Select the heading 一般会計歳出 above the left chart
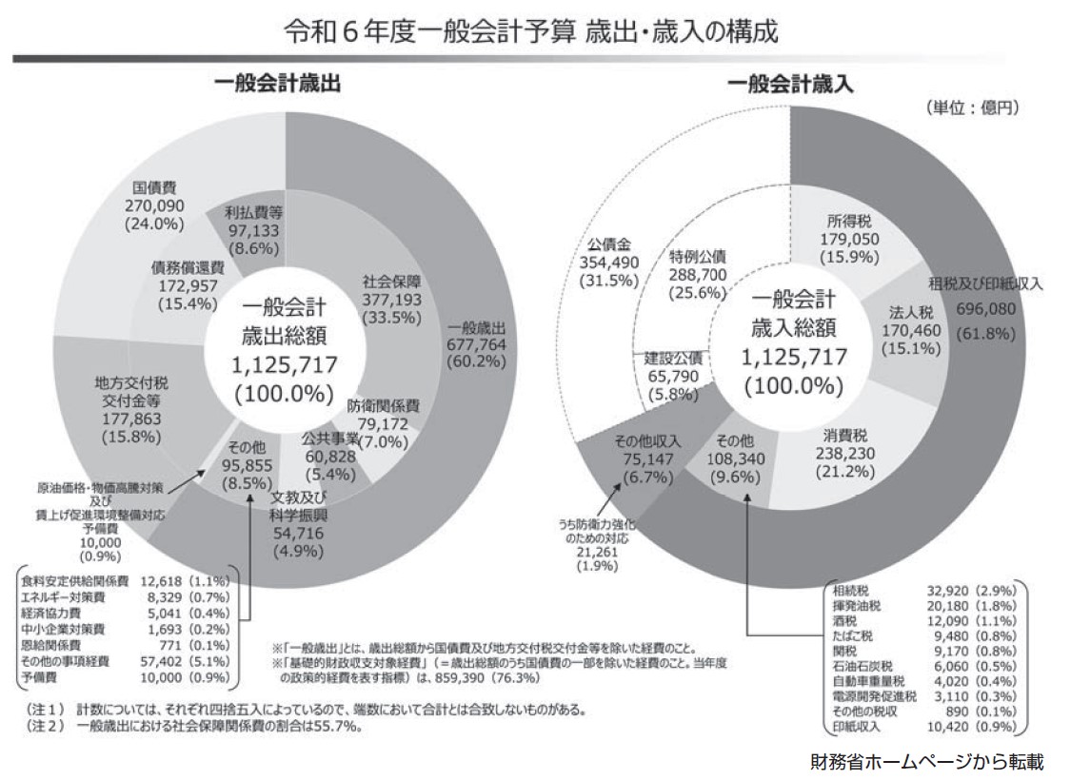click(276, 85)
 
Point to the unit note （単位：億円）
click(971, 107)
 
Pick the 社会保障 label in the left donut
click(392, 283)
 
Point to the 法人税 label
click(893, 312)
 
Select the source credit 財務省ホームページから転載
click(927, 762)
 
